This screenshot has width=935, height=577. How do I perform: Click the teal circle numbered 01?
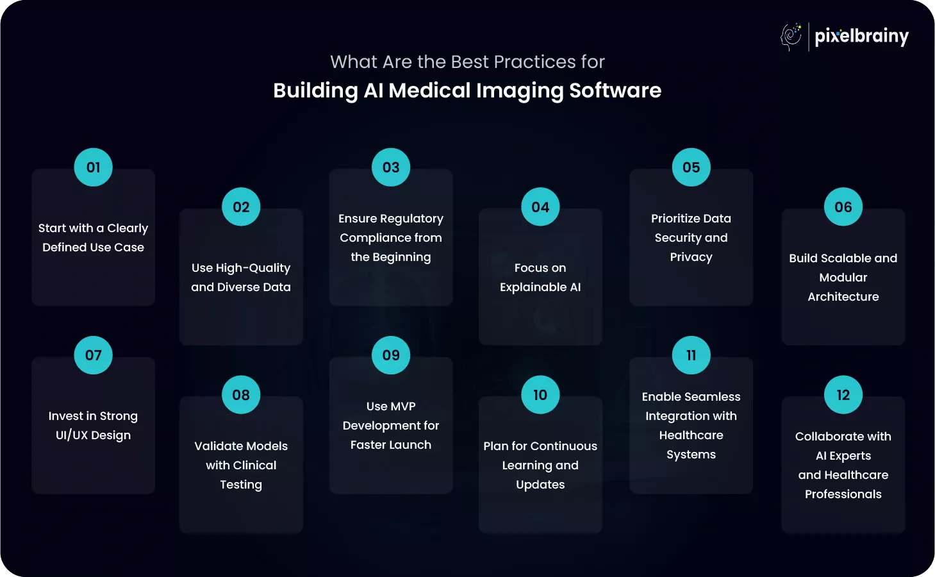click(94, 167)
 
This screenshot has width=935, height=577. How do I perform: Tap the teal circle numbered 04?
click(540, 207)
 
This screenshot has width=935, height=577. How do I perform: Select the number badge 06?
click(843, 207)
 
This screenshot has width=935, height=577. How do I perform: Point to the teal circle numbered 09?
click(391, 355)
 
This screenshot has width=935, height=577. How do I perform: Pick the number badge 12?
click(843, 395)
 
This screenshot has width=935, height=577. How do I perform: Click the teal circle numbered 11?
click(691, 355)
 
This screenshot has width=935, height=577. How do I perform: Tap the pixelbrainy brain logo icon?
click(791, 37)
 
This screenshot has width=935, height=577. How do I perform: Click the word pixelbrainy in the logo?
click(861, 37)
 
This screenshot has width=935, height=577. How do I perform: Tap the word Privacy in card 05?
click(691, 257)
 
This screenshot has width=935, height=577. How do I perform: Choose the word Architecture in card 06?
click(843, 297)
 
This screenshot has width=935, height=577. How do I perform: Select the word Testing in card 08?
click(241, 485)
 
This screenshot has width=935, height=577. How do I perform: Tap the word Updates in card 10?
click(540, 485)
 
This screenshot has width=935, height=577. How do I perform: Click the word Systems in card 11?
click(691, 455)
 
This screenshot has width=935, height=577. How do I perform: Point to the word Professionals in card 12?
click(843, 494)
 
